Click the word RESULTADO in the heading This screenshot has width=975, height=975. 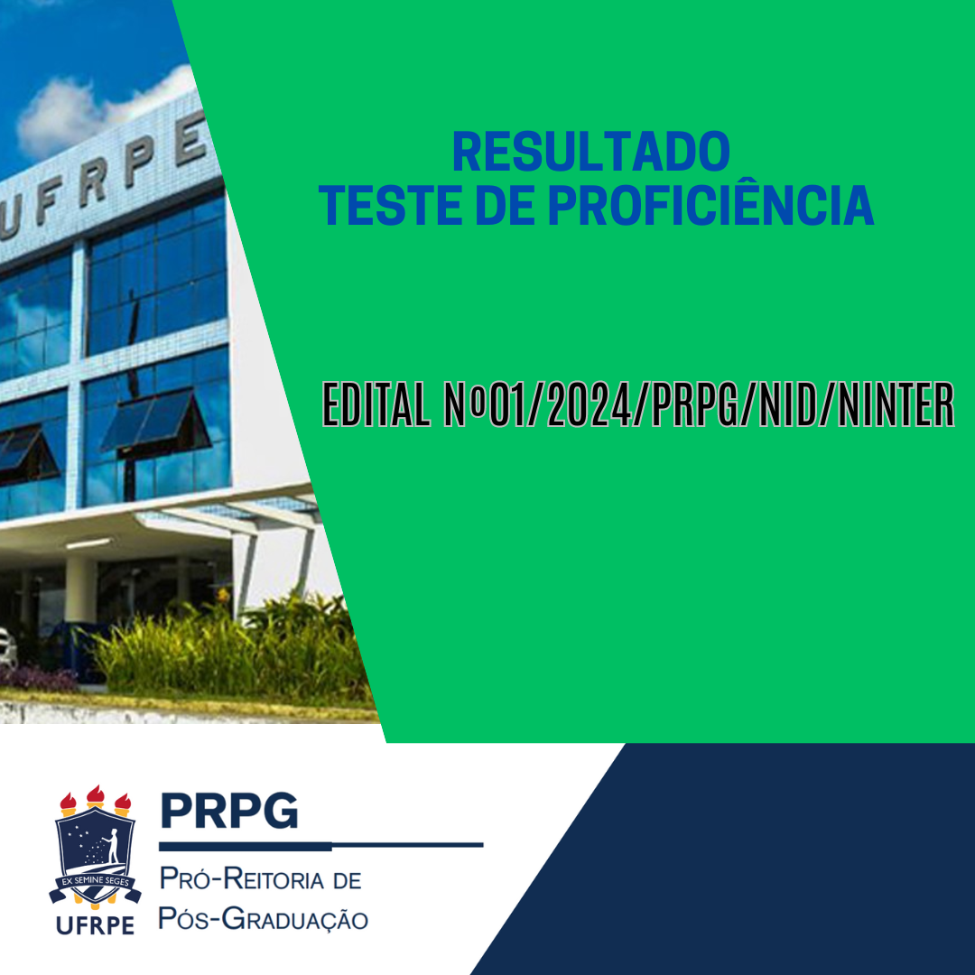click(x=591, y=152)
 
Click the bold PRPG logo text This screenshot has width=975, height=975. click(x=229, y=810)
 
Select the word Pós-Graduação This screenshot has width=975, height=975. click(x=263, y=919)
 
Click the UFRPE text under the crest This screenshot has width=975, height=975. click(x=95, y=926)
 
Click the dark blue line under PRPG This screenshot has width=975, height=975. click(x=320, y=846)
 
